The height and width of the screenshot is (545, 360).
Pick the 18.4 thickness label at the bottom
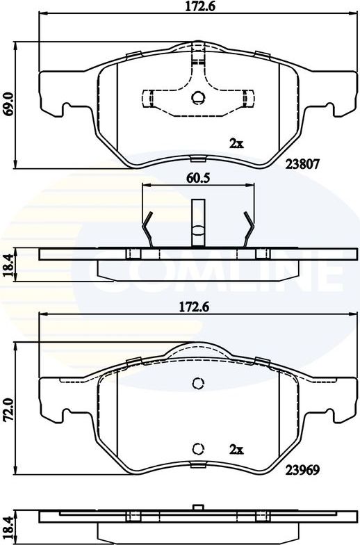pyautogui.click(x=8, y=527)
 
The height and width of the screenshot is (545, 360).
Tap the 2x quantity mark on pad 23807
pyautogui.click(x=236, y=144)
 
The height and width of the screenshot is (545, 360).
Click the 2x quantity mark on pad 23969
pyautogui.click(x=236, y=449)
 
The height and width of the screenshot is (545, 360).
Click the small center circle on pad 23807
pyautogui.click(x=197, y=98)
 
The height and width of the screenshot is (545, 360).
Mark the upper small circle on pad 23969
pyautogui.click(x=197, y=383)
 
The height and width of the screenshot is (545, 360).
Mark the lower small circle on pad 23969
pyautogui.click(x=197, y=448)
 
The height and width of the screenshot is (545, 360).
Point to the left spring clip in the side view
pyautogui.click(x=147, y=228)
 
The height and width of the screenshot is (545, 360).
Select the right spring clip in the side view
pyautogui.click(x=249, y=228)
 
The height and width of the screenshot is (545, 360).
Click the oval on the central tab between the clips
pyautogui.click(x=198, y=230)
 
